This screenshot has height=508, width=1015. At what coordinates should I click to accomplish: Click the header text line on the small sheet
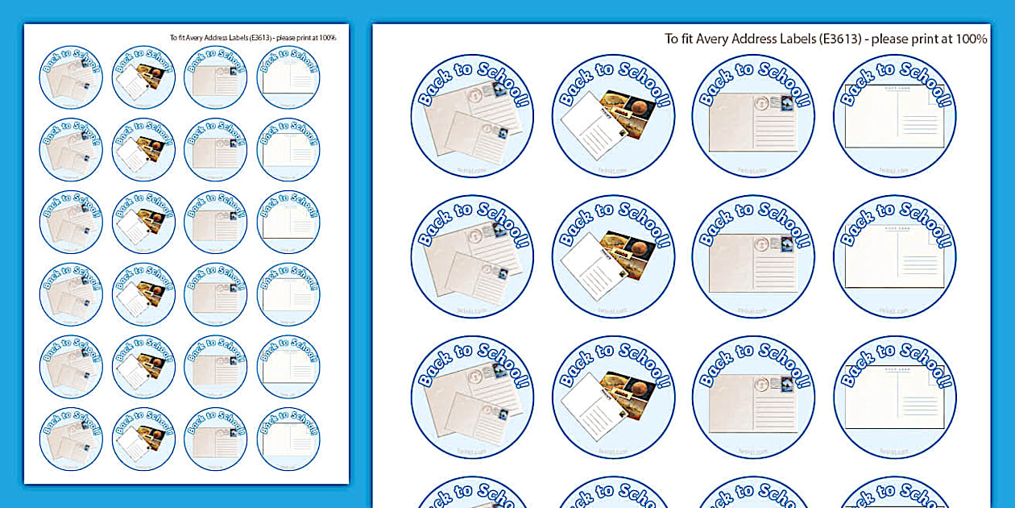point(253,37)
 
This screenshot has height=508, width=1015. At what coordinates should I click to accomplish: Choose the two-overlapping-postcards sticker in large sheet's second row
point(472,256)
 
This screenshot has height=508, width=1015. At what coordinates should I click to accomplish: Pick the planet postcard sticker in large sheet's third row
point(613,397)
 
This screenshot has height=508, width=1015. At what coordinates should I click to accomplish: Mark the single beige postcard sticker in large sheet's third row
point(753,397)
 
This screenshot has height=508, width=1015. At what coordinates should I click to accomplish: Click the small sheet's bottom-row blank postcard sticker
point(288,439)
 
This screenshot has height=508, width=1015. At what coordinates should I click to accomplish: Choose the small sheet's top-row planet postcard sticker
point(143,77)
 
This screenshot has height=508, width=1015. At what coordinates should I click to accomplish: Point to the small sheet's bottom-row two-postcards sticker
point(71,439)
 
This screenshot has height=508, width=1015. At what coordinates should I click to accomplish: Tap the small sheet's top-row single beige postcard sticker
point(216,77)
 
